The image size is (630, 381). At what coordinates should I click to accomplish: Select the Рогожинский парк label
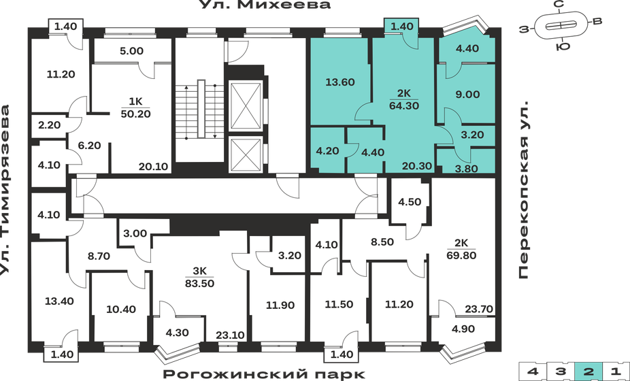(x=265, y=374)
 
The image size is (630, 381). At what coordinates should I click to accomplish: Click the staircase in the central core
(x=201, y=109)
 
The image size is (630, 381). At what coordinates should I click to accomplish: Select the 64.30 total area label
(x=403, y=105)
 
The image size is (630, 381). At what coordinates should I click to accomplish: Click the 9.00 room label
(x=468, y=95)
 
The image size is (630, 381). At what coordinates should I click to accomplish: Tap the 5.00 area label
(x=131, y=50)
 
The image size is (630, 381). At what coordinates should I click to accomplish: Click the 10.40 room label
(x=122, y=309)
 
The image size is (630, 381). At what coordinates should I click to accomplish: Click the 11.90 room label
(x=280, y=305)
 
